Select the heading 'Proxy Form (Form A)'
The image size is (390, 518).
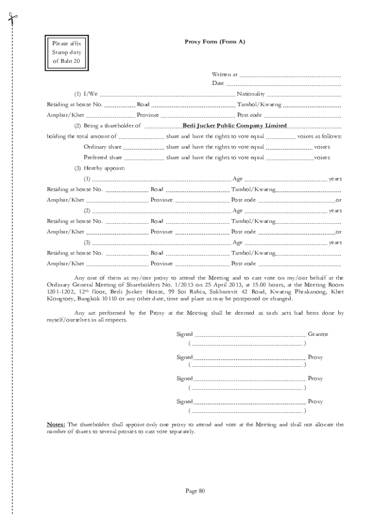[215, 41]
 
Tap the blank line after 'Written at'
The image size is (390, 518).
[289, 75]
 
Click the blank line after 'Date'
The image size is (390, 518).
[283, 84]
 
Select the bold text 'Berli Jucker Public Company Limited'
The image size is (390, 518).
[235, 125]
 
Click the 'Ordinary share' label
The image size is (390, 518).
[102, 147]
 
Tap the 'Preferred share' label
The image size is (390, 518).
[102, 157]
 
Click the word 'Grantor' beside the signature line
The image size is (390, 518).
[318, 334]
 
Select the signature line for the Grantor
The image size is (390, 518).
[250, 335]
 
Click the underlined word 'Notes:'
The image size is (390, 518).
[56, 424]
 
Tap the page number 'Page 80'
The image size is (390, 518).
[194, 490]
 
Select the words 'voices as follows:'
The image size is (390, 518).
[319, 137]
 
